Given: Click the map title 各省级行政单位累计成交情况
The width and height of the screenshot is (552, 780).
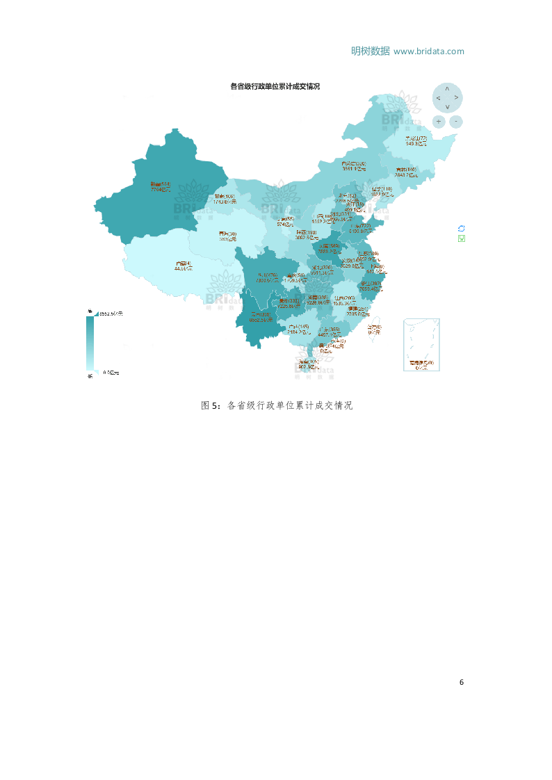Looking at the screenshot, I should pos(275,86).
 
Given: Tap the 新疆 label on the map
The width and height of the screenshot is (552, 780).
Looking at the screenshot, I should pos(160,185).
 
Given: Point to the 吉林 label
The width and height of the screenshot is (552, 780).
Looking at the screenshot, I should pos(406,170).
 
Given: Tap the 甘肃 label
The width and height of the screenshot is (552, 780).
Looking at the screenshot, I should pos(225,197).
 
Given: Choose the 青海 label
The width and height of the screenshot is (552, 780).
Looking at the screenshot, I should pos(227,234).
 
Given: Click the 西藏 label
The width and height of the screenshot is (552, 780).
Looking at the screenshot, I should pos(183,263).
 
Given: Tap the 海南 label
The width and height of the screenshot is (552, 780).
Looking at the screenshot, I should pos(308,362).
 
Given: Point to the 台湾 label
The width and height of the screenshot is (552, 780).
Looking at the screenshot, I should pos(374,327).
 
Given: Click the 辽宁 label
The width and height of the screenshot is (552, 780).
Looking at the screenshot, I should pos(382,189).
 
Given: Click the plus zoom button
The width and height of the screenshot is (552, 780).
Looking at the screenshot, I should pos(439,121).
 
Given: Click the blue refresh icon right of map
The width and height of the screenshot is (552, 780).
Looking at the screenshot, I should pos(461,228).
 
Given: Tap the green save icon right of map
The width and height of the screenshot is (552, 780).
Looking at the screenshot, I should pos(461,238).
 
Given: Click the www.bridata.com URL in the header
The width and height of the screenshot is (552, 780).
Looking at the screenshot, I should pos(428,51).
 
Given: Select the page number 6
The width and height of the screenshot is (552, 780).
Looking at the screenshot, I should pos(462,682).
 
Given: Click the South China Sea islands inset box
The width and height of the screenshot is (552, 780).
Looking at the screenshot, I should pos(421,345).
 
